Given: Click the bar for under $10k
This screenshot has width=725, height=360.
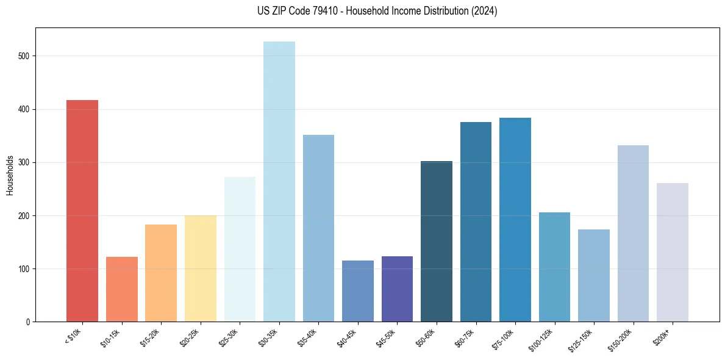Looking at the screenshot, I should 82,211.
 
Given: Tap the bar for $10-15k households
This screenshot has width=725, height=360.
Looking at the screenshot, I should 121,289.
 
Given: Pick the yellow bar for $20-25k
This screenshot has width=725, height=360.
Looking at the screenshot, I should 200,268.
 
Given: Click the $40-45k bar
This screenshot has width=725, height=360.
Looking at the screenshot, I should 357,291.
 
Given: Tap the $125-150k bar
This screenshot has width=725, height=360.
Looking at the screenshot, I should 593,275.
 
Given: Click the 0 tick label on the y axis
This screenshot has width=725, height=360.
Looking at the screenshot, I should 28,322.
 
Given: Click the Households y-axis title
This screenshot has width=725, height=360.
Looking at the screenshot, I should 10,175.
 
